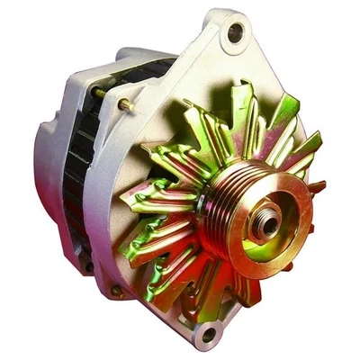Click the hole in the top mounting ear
coord(236,33)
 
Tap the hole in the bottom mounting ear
coord(209,336)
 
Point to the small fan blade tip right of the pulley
coord(317,187)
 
